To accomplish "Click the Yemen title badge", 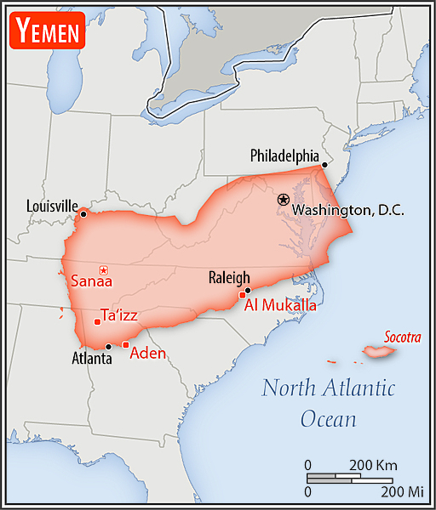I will [47, 31].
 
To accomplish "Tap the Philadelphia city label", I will [284, 156].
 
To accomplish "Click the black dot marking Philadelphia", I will [324, 164].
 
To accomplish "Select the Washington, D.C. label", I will [347, 210].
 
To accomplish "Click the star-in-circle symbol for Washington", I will [284, 199].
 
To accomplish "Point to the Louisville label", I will [52, 206].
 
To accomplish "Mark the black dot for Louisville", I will [83, 213].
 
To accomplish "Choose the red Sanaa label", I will [91, 280].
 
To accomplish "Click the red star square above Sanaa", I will [103, 269].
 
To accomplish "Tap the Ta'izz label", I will [119, 315].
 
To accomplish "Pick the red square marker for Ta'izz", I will [96, 321].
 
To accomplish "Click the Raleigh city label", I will [229, 277].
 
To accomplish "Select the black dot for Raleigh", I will [247, 290].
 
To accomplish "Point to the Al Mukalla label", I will [281, 305].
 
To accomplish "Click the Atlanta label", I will [91, 359].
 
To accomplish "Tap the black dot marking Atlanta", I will [108, 346].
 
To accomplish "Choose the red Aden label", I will [147, 354].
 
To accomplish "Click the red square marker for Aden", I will [126, 344].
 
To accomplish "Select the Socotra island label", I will [402, 337].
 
